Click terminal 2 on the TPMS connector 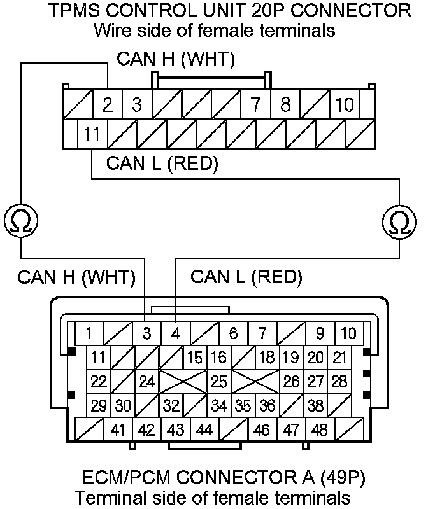click(108, 105)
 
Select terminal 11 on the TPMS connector click(92, 134)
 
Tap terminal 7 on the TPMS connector click(256, 105)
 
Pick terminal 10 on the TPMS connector click(345, 105)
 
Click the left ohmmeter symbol click(20, 221)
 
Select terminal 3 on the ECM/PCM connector click(146, 333)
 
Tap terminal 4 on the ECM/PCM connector click(176, 333)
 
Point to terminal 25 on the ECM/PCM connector click(219, 382)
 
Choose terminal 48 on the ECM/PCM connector click(320, 430)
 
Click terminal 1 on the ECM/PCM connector click(89, 333)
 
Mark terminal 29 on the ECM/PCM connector click(99, 405)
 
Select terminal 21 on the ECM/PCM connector click(340, 358)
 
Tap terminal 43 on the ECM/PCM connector click(176, 430)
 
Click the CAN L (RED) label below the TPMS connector click(162, 164)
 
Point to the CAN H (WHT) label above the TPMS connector click(176, 60)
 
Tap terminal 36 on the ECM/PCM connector click(267, 405)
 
